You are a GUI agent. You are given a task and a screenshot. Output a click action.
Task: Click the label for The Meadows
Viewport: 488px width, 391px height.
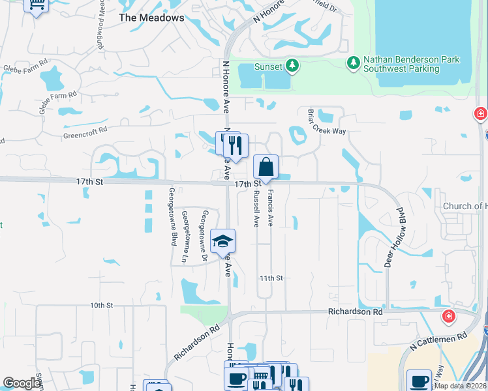click(x=151, y=18)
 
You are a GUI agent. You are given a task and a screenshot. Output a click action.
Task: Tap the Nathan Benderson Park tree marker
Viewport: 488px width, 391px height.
click(x=353, y=63)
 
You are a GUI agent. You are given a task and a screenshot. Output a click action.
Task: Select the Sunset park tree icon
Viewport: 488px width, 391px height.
click(x=292, y=66)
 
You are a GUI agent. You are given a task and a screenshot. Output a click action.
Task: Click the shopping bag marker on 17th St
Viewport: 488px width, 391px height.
click(x=266, y=167)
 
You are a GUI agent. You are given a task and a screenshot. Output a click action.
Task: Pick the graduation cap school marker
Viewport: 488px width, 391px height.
click(x=222, y=241)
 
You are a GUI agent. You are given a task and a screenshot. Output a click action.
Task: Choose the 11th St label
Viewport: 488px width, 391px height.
click(x=270, y=278)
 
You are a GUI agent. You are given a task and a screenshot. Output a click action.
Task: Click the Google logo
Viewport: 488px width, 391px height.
click(x=22, y=384)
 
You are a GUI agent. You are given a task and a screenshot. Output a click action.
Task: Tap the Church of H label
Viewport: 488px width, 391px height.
click(x=465, y=206)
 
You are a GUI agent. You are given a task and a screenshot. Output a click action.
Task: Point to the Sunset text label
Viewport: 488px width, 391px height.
click(x=268, y=66)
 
